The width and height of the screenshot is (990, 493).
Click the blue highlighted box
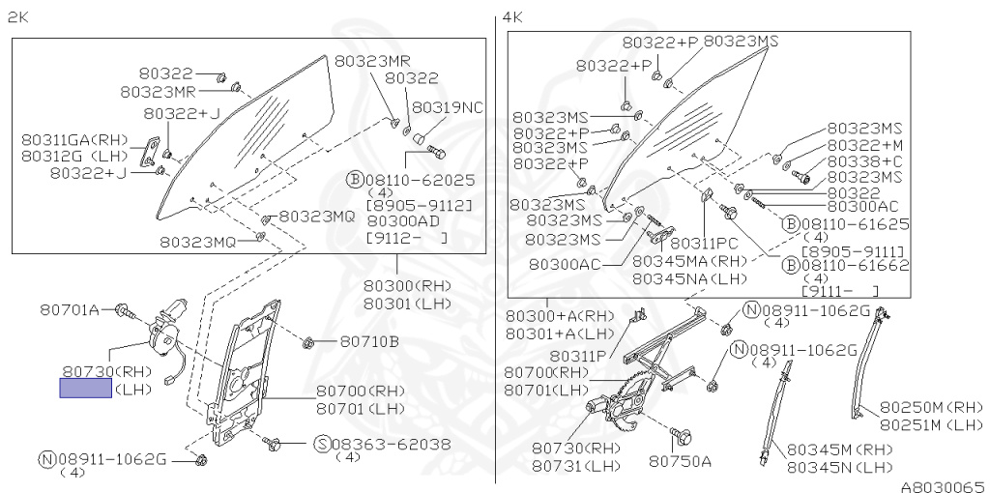(85, 389)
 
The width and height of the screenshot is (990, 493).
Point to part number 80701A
(70, 310)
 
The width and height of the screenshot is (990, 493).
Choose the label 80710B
(369, 341)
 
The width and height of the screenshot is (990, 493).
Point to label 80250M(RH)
(931, 407)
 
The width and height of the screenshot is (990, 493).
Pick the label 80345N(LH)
(839, 467)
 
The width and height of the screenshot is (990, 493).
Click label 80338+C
(864, 160)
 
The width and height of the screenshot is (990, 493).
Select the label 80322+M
(864, 144)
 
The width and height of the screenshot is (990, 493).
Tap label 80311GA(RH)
(73, 140)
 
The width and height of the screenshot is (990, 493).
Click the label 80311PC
(703, 243)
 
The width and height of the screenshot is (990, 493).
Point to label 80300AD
(404, 220)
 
